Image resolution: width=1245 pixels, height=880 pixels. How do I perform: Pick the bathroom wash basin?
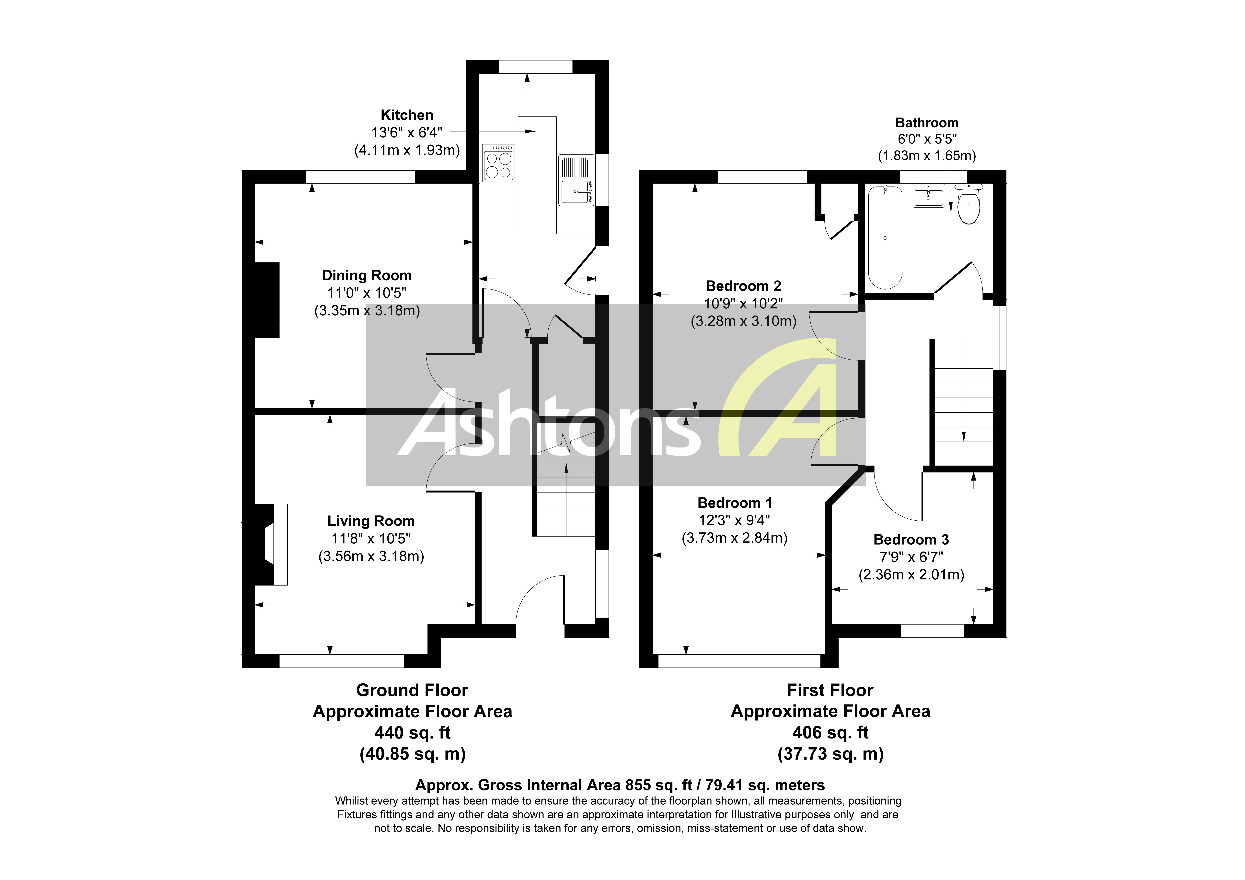click(928, 195)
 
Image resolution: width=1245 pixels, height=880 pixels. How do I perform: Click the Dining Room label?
click(367, 276)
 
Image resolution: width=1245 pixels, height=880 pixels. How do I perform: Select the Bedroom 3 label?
click(911, 540)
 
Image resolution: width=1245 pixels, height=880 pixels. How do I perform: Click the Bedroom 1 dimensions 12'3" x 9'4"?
click(734, 520)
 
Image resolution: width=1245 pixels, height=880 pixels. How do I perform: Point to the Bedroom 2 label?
click(743, 286)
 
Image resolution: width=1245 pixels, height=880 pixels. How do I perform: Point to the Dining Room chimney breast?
click(267, 300)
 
